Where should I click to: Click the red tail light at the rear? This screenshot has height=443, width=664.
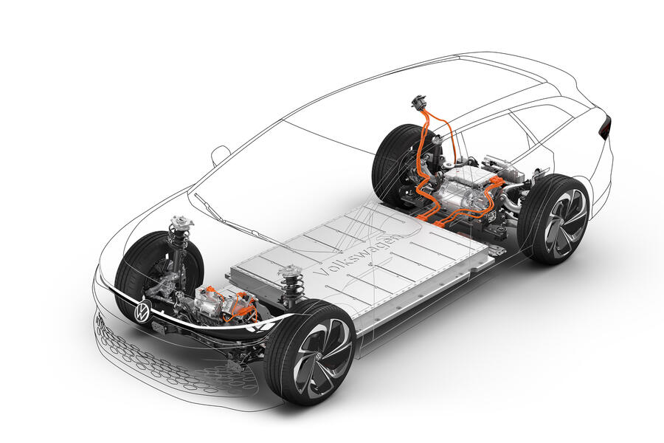(x=606, y=127)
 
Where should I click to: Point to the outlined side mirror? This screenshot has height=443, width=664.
(x=220, y=155)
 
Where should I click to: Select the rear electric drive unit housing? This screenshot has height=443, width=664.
(x=463, y=190)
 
